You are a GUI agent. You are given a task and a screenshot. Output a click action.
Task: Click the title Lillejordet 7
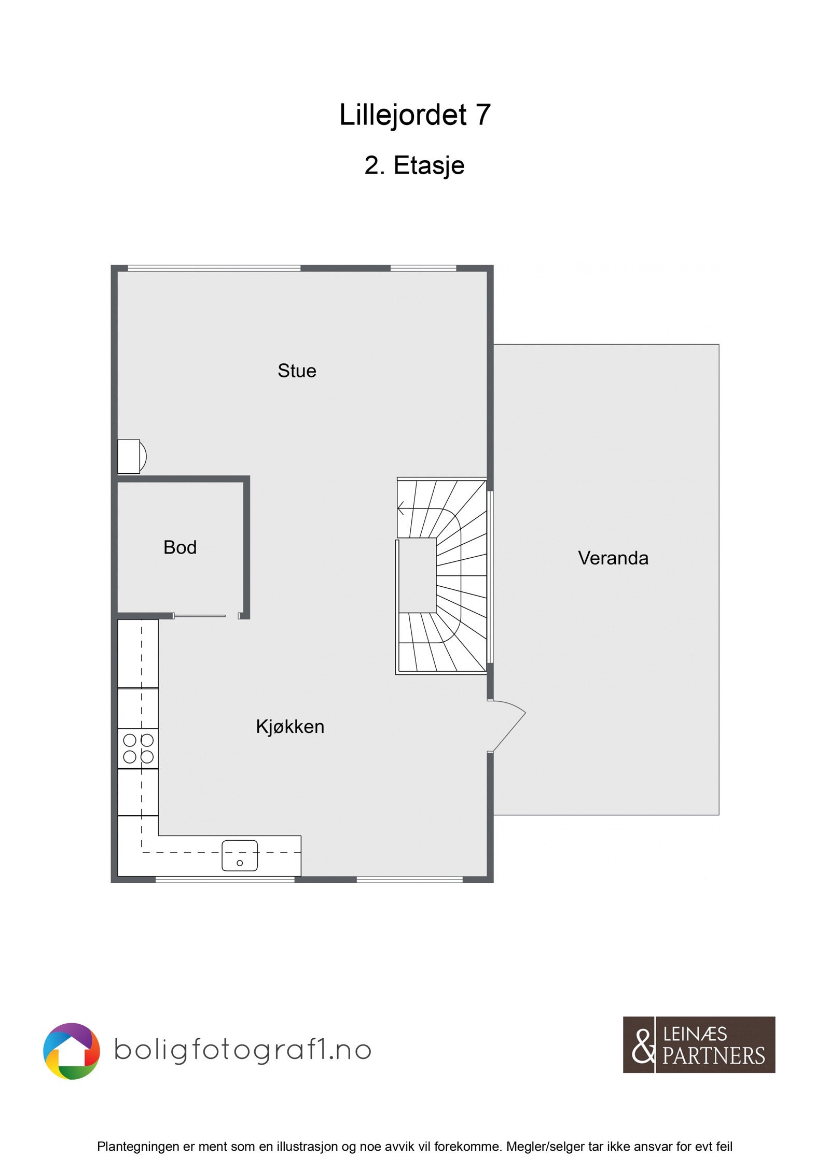(x=414, y=115)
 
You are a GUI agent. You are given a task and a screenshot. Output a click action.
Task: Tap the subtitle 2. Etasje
(x=414, y=166)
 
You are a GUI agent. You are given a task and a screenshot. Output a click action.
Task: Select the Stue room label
(x=297, y=371)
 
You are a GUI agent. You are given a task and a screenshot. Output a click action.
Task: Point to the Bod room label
(x=179, y=547)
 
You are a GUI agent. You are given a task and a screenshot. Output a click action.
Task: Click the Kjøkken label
(x=290, y=727)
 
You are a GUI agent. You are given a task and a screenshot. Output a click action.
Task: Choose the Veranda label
(x=613, y=558)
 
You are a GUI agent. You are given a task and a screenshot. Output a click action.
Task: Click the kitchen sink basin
(x=240, y=855)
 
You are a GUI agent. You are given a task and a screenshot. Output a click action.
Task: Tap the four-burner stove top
(x=138, y=748)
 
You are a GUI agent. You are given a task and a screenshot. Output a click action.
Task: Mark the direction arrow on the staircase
(x=401, y=508)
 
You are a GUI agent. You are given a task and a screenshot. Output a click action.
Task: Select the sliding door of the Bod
(x=200, y=616)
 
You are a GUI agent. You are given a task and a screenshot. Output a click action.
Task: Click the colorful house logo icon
(x=71, y=1051)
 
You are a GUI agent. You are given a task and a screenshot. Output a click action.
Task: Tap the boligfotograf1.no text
(x=242, y=1052)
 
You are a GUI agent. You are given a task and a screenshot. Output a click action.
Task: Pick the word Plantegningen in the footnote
(x=137, y=1147)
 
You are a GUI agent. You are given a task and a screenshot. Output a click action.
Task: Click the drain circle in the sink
(x=240, y=863)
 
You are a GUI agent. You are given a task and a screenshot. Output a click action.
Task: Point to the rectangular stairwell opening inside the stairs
(x=418, y=575)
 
